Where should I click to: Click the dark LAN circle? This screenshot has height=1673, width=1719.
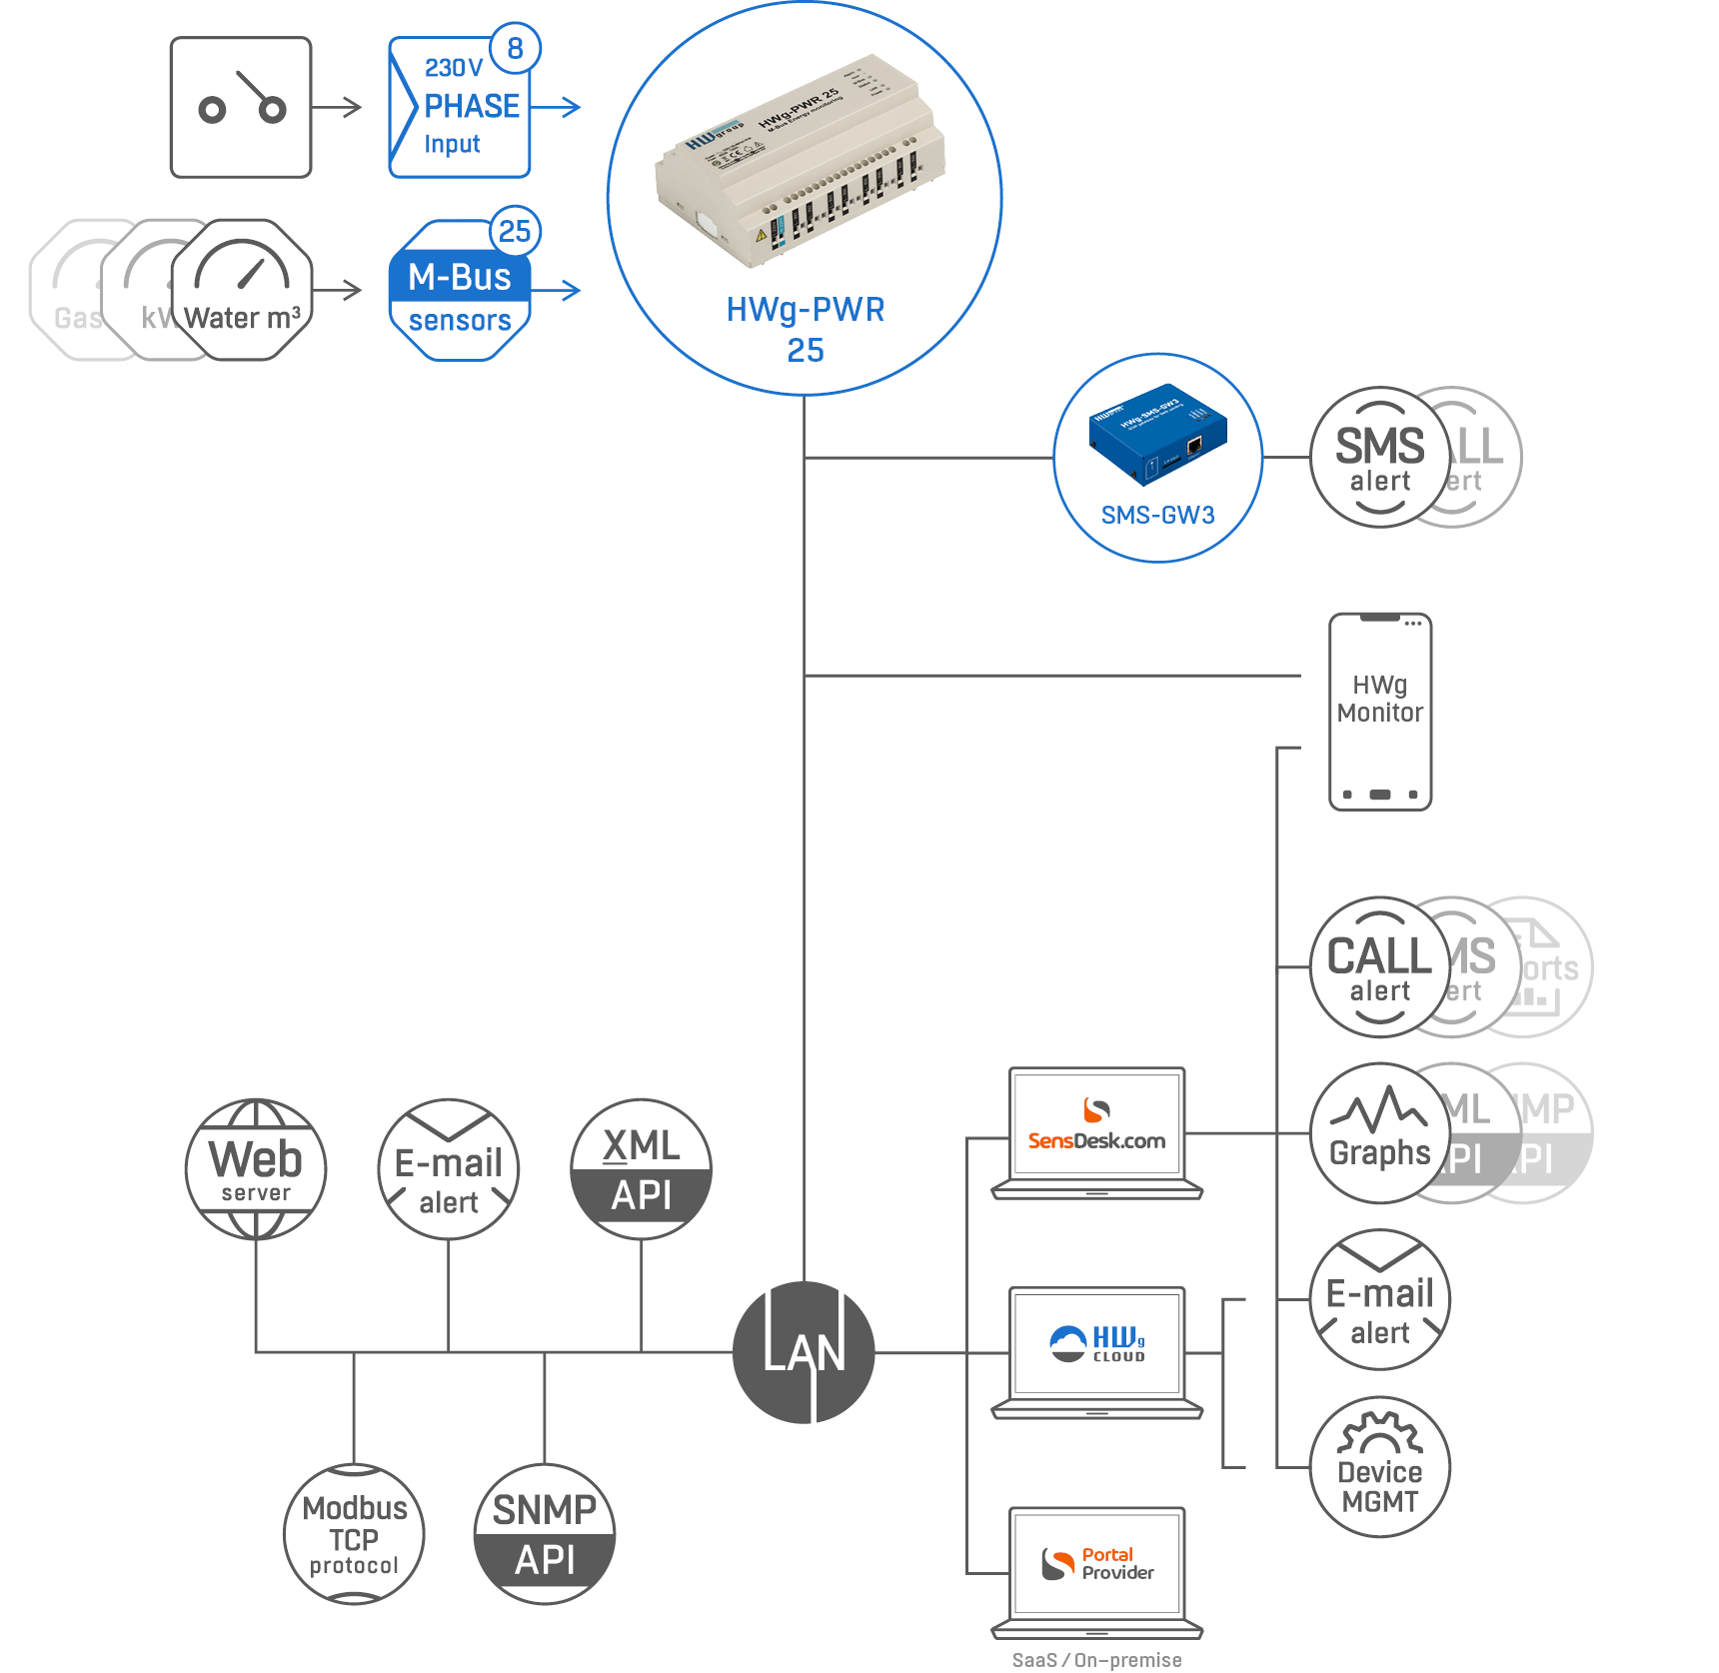804,1352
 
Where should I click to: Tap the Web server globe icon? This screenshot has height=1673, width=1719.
256,1168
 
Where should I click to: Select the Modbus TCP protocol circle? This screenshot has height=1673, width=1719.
354,1534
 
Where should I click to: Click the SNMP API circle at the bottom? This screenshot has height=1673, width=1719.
545,1534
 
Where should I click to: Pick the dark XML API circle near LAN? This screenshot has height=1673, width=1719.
641,1168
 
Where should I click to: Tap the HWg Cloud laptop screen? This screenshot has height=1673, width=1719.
1096,1344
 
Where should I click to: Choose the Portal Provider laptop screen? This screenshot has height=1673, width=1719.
1096,1564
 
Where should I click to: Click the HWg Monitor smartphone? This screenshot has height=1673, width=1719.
1380,711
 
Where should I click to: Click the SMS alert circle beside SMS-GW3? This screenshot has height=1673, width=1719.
1379,457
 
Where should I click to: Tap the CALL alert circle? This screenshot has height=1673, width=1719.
1379,966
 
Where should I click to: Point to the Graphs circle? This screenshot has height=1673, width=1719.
1379,1132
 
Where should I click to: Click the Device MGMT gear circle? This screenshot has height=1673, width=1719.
1379,1466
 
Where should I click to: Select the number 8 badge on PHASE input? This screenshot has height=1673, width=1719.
515,48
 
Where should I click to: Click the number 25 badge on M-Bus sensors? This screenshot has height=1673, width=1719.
515,231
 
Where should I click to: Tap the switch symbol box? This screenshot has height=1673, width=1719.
241,107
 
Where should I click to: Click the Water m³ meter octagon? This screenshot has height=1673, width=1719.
242,290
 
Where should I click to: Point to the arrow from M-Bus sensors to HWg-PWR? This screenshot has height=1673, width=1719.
557,290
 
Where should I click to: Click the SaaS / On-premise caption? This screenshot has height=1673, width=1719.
1096,1660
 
